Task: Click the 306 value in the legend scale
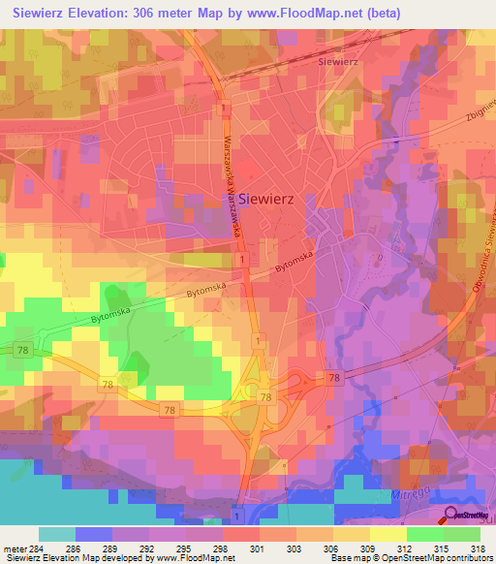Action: (332, 548)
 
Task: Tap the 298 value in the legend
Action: (222, 548)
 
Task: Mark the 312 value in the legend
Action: (406, 548)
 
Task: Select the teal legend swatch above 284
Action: (56, 534)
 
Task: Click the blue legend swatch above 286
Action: (93, 534)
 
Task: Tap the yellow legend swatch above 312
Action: (387, 534)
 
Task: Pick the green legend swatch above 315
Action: (424, 534)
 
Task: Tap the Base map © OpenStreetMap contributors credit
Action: (411, 558)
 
